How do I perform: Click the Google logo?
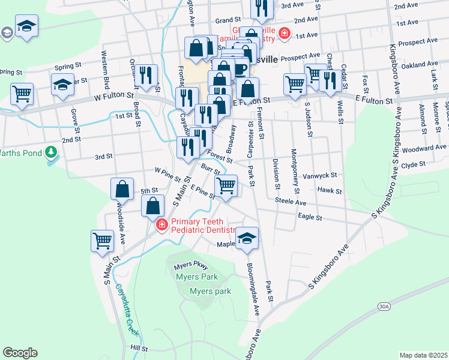(x=20, y=352)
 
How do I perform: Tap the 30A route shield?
(x=384, y=307)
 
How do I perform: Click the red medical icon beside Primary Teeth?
(x=161, y=226)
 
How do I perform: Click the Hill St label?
(x=139, y=348)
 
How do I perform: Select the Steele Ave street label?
(x=291, y=203)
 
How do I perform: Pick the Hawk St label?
(x=330, y=191)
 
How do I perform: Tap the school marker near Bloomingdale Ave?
(x=247, y=238)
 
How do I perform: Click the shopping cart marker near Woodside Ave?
(x=103, y=241)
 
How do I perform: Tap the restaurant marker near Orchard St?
(x=146, y=74)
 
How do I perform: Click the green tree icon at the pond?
(x=52, y=151)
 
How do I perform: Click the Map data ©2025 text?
(x=423, y=355)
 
